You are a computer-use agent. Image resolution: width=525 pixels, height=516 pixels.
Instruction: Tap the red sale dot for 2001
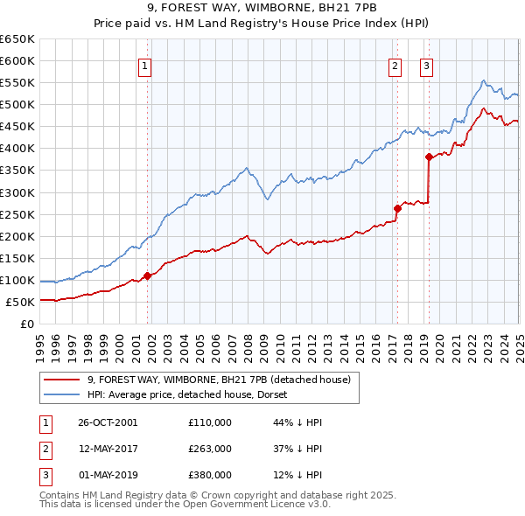point(147,275)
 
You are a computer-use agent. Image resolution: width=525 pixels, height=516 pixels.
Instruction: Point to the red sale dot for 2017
point(397,208)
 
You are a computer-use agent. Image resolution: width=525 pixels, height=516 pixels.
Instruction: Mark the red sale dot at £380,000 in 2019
point(429,157)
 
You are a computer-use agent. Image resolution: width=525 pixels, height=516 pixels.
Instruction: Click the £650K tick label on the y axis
point(17,39)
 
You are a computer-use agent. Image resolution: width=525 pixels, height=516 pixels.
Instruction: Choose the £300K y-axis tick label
point(17,192)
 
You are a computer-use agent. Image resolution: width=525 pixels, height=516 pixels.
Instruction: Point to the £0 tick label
point(26,324)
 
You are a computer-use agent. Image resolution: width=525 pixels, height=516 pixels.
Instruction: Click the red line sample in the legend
point(62,380)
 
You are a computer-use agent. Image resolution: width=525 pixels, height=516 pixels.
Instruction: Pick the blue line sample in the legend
point(62,394)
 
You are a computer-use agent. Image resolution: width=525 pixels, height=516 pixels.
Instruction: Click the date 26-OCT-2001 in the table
point(108,422)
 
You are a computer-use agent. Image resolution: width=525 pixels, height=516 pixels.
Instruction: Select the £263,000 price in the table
point(210,449)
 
